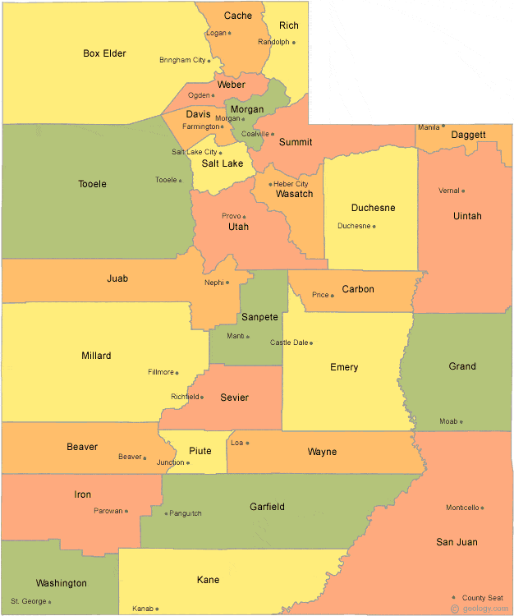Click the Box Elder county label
coord(104,53)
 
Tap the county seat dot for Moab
coord(461,422)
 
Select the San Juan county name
coord(457,542)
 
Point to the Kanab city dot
coord(157,609)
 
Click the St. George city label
coord(29,601)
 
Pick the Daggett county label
coord(468,134)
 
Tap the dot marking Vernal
coord(463,191)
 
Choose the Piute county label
coord(200,451)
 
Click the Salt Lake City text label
coord(195,152)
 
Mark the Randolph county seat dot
coord(293,42)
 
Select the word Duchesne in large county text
coord(373,208)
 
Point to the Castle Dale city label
coord(289,342)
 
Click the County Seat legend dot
coord(454,597)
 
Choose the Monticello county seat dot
coord(482,508)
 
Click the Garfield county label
coord(267,507)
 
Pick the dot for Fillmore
coord(178,372)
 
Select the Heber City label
coord(291,184)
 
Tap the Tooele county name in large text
coord(92,184)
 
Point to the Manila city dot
coord(443,126)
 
